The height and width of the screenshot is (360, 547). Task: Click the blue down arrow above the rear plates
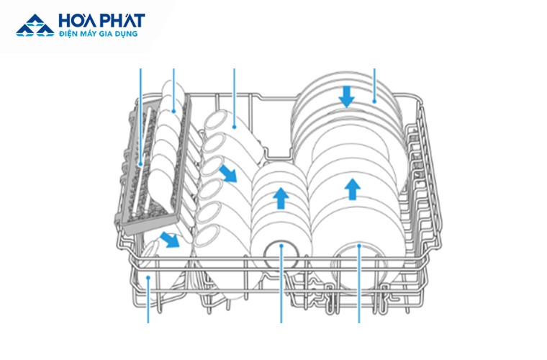tap(346, 96)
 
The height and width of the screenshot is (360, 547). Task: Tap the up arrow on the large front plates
tap(353, 189)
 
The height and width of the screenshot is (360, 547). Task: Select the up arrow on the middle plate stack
tap(281, 198)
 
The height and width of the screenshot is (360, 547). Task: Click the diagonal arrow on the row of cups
tap(228, 174)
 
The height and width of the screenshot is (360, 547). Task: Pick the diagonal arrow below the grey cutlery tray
tap(170, 240)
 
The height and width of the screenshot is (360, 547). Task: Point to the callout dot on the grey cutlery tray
tap(140, 164)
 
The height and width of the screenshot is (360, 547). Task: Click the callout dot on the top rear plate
tap(374, 102)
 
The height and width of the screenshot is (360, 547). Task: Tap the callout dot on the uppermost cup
tap(235, 127)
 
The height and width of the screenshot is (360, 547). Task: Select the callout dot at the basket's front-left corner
tap(148, 277)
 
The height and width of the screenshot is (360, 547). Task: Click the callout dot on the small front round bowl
tap(281, 246)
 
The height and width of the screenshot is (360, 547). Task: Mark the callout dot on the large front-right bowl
tap(359, 246)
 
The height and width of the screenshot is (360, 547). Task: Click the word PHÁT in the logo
tap(122, 20)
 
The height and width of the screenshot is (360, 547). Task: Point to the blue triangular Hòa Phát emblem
tap(35, 25)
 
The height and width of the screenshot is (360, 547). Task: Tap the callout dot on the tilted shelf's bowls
tap(173, 112)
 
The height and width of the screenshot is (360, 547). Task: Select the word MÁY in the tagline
tap(89, 34)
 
